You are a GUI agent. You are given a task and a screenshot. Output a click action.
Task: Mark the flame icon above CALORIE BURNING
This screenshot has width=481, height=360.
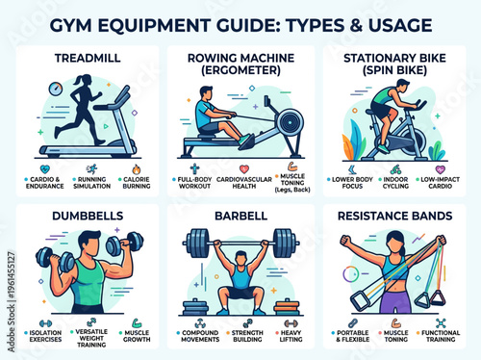point(135,167)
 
